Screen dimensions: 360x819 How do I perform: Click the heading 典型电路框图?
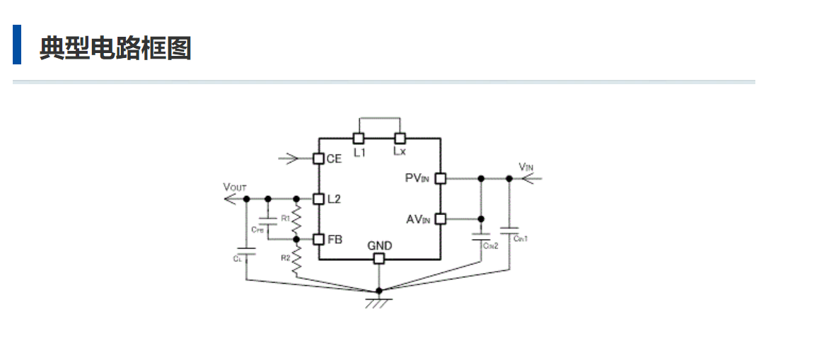tap(115, 48)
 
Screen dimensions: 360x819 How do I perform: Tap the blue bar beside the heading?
tap(17, 45)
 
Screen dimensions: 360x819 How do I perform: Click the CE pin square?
tap(318, 158)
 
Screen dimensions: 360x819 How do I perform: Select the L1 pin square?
tap(359, 138)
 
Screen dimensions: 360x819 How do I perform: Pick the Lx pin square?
tap(400, 138)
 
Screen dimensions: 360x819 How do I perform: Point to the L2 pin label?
tap(335, 199)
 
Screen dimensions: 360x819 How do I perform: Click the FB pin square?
tap(318, 240)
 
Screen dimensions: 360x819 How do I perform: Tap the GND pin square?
tap(379, 259)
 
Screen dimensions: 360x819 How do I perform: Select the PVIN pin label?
tap(417, 178)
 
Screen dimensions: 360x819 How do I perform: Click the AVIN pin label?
tap(417, 219)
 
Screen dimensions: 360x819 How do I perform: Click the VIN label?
tap(526, 167)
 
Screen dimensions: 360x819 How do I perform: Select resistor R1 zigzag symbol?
tap(297, 219)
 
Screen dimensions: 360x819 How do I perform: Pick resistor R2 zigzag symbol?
tap(297, 260)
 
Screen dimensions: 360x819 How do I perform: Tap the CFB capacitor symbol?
tap(268, 219)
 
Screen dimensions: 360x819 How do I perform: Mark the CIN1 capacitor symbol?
tap(509, 229)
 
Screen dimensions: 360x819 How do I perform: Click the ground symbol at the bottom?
tap(379, 302)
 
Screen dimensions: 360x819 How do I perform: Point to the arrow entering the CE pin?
tap(289, 158)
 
